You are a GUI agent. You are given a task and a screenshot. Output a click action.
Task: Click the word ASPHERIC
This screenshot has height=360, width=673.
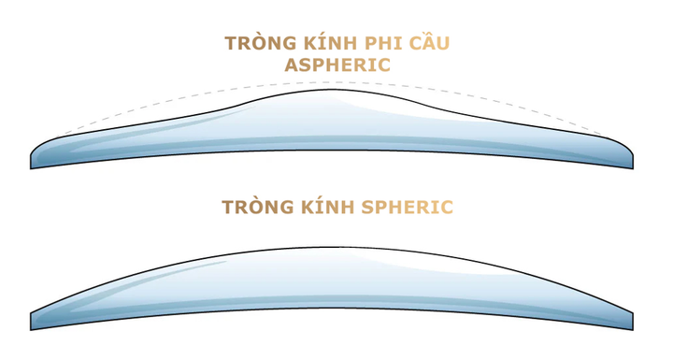point(337,65)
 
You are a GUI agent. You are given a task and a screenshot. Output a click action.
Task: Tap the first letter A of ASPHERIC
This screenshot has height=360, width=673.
point(292,65)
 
